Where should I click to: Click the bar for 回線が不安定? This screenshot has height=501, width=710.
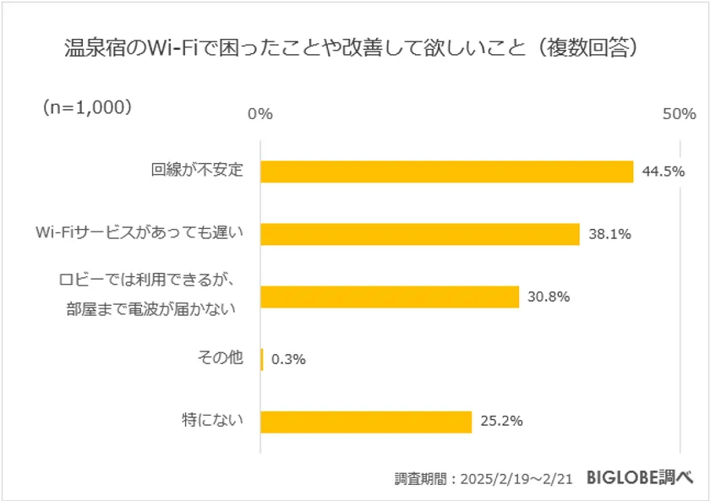446,172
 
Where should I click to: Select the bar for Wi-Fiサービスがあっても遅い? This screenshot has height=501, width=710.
419,234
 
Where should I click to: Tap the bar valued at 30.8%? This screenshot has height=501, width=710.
389,297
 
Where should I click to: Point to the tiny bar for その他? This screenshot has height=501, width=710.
262,359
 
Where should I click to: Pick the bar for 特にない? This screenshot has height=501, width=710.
365,422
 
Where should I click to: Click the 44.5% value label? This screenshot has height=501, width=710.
663,172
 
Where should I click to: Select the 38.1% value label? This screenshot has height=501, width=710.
609,234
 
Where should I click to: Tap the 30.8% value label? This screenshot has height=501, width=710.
549,297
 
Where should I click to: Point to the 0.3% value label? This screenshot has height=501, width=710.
287,359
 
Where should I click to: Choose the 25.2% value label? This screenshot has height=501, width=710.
501,421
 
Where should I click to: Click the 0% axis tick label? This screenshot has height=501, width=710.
259,114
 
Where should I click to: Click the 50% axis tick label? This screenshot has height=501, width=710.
679,114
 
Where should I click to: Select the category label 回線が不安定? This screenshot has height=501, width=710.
197,171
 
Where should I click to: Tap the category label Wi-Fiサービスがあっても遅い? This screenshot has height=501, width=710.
139,234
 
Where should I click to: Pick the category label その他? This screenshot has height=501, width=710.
219,359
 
